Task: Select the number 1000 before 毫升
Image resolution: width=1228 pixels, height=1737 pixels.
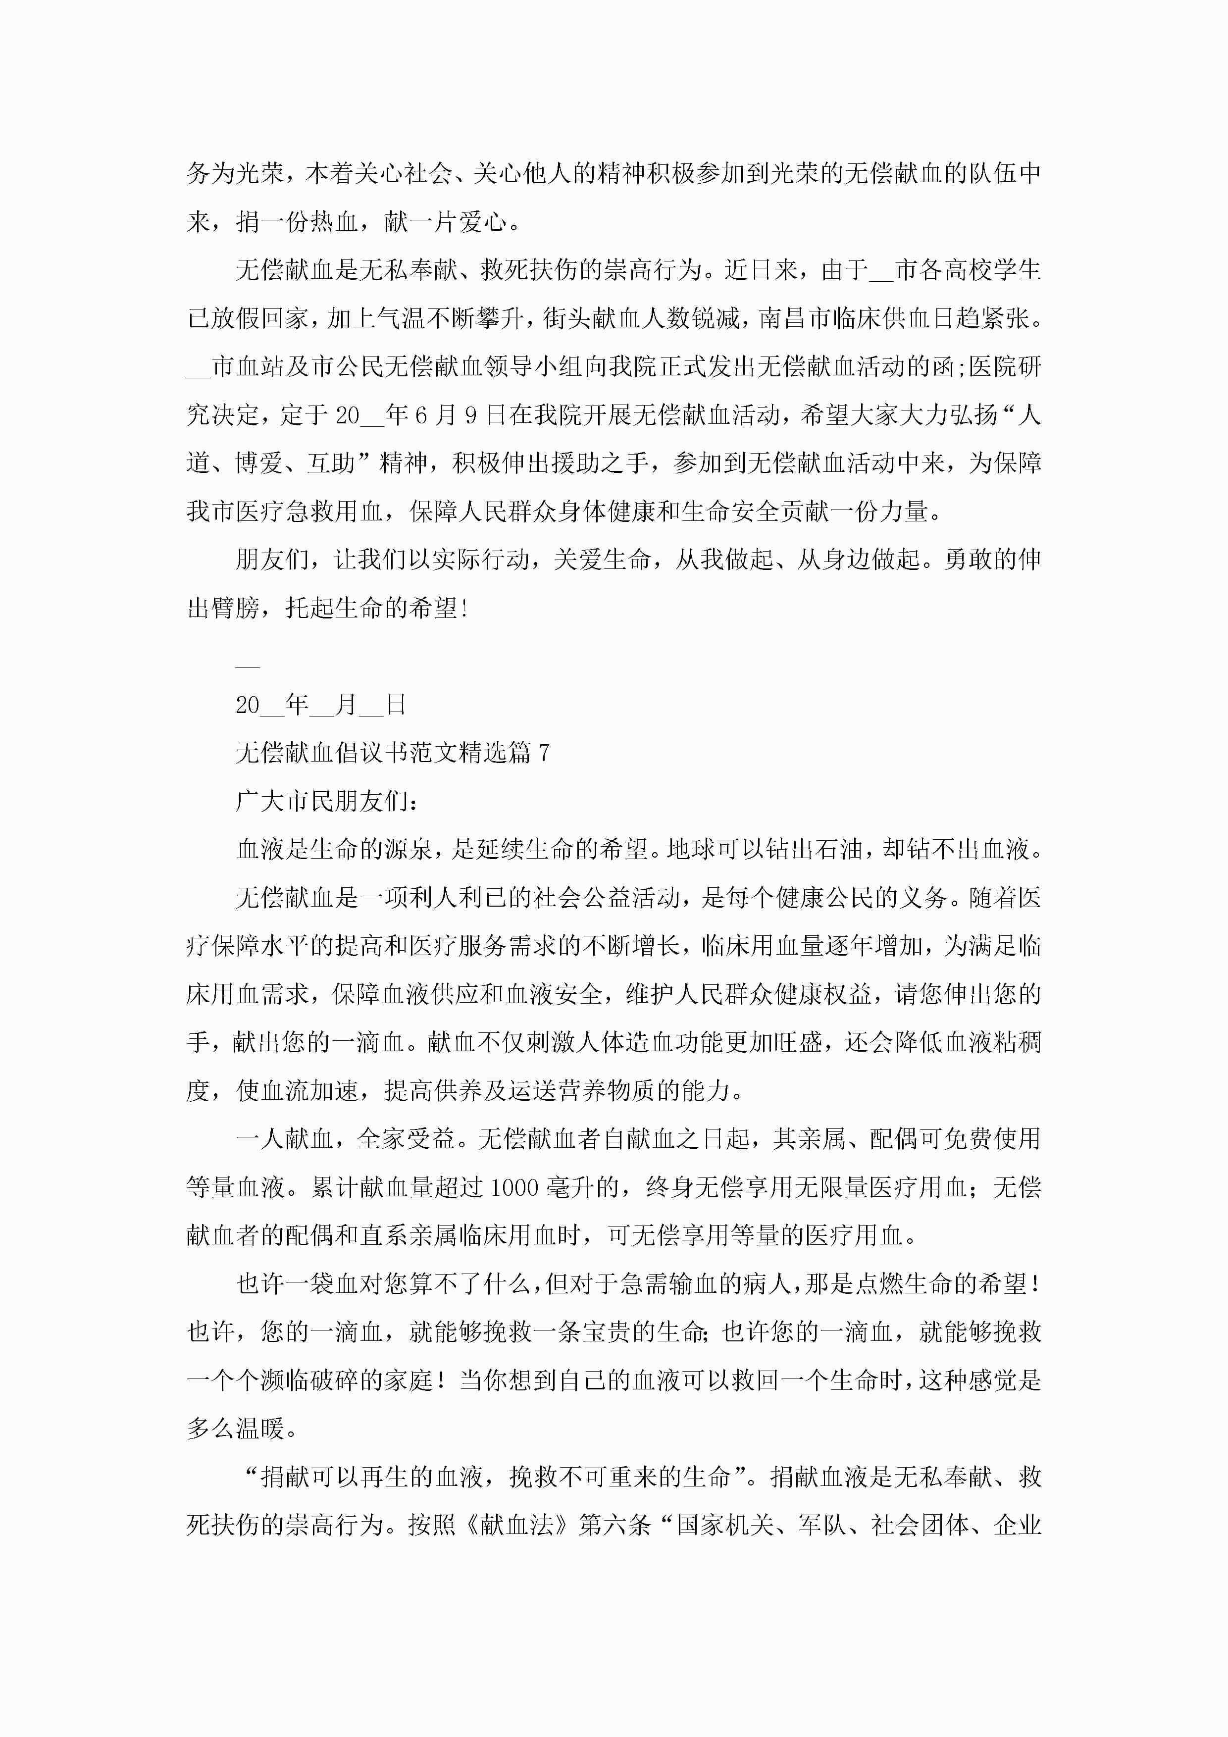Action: point(514,1187)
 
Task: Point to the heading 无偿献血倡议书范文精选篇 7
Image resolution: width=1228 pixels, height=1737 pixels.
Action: point(392,753)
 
